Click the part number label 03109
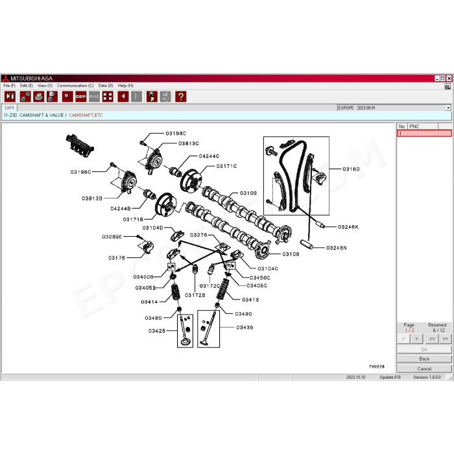coord(248,193)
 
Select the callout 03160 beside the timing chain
coord(351,168)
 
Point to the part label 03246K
coord(348,227)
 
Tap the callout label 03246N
coord(337,248)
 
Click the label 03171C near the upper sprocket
coord(226,166)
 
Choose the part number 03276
coord(198,235)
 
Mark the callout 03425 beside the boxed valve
coord(156,330)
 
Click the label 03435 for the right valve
coord(245,328)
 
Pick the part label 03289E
coord(112,237)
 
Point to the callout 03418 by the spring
coord(250,300)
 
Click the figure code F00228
coord(377,366)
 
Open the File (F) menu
coord(9,86)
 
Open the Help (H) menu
coord(126,86)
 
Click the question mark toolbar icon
coord(180,97)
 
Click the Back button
coord(424,359)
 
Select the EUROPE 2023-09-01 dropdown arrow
coord(448,108)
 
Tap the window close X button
coord(448,78)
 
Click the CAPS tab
coord(10,108)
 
